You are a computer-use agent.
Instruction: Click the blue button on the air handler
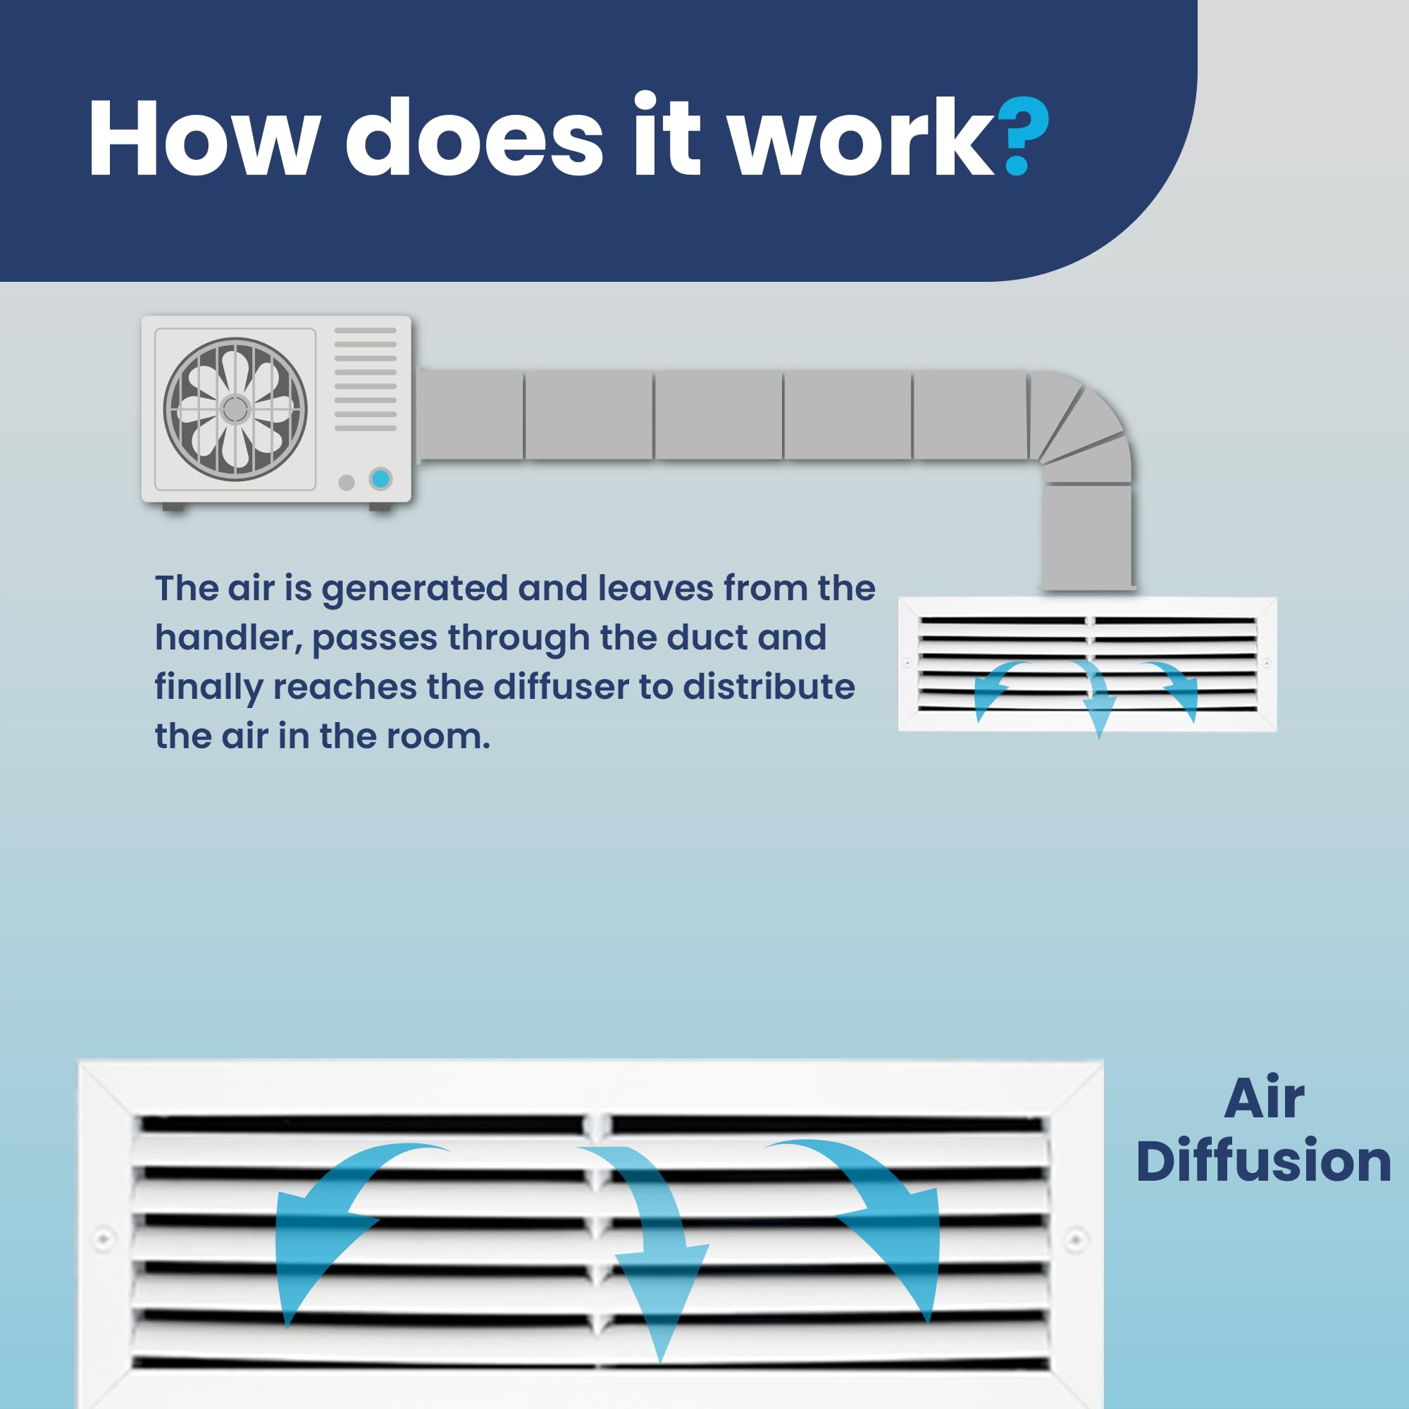pos(380,479)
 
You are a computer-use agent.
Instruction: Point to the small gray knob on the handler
pos(347,482)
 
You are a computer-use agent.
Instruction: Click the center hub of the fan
pos(235,409)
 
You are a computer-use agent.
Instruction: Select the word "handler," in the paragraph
pos(228,638)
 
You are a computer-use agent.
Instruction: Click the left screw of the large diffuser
pos(104,1239)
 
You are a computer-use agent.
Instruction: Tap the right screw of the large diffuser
pos(1076,1239)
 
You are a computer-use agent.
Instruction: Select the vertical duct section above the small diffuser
pos(1086,536)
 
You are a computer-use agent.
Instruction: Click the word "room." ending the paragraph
pos(437,737)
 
